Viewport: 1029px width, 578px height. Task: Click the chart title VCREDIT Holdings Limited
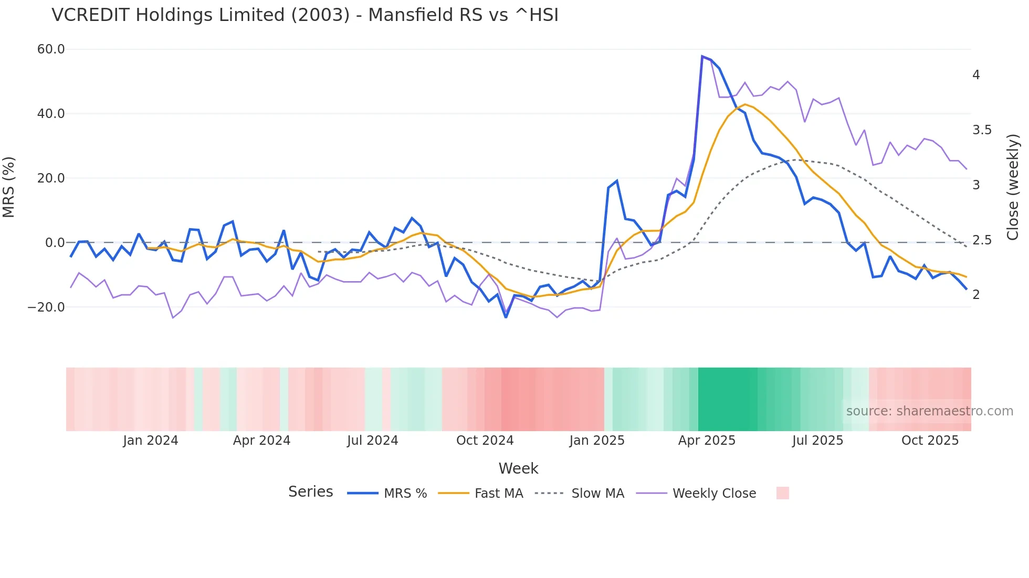point(304,15)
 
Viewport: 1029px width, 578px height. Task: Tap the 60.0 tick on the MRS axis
point(51,49)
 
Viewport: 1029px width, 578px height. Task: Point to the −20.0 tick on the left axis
point(46,307)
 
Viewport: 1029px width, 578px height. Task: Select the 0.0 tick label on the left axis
point(55,243)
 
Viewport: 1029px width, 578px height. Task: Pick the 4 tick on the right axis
point(976,75)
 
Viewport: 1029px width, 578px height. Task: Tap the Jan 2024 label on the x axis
point(151,441)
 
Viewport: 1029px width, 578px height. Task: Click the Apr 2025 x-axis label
point(707,441)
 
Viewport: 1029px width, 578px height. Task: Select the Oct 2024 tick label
point(485,441)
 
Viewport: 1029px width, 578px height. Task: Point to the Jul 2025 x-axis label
point(817,441)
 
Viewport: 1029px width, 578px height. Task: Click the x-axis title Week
point(518,468)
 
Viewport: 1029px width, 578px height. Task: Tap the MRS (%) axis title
point(9,187)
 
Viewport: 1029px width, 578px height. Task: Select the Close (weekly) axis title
point(1013,187)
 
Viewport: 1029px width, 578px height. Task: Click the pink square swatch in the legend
point(782,493)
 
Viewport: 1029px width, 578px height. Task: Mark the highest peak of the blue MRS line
point(702,56)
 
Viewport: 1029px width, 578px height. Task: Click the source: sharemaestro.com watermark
point(929,411)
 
